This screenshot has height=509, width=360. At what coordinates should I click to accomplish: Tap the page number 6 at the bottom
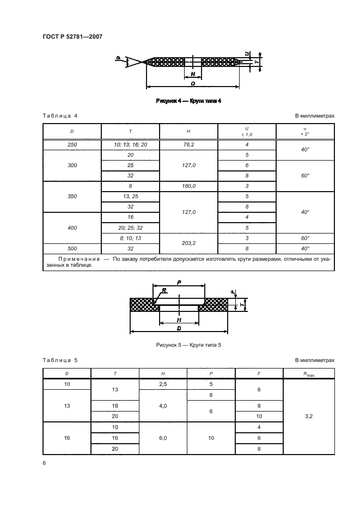(x=45, y=463)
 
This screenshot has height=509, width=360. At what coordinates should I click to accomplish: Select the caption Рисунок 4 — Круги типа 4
(x=188, y=101)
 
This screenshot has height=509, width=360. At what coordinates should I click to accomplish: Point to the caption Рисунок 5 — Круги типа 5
(x=188, y=345)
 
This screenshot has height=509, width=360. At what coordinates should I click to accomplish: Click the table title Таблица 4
(x=60, y=116)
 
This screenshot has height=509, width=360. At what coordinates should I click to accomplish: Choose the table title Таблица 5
(x=60, y=360)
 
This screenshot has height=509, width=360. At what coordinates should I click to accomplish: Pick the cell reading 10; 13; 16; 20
(x=130, y=145)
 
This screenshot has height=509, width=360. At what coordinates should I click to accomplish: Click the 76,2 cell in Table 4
(x=188, y=145)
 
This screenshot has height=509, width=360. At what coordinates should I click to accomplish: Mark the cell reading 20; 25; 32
(x=130, y=228)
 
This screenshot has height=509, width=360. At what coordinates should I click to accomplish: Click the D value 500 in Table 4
(x=72, y=248)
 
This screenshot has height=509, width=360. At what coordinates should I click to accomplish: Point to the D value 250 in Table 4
(x=72, y=145)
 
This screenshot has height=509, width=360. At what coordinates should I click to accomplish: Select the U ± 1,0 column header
(x=247, y=131)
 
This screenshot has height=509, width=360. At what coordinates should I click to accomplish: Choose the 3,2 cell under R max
(x=308, y=416)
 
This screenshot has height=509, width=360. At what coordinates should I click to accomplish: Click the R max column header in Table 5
(x=308, y=373)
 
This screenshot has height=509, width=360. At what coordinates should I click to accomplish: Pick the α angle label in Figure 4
(x=118, y=57)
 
